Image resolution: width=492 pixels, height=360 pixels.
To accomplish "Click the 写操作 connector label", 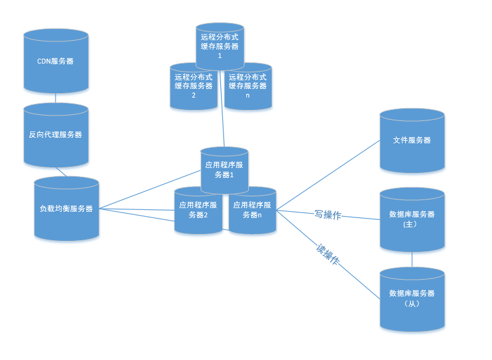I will pos(328,215).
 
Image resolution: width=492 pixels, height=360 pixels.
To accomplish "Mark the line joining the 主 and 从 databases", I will pos(412,259).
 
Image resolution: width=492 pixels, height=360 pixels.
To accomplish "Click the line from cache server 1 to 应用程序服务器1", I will pos(222,111).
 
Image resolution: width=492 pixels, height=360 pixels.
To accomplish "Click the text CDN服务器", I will pos(56,61).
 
